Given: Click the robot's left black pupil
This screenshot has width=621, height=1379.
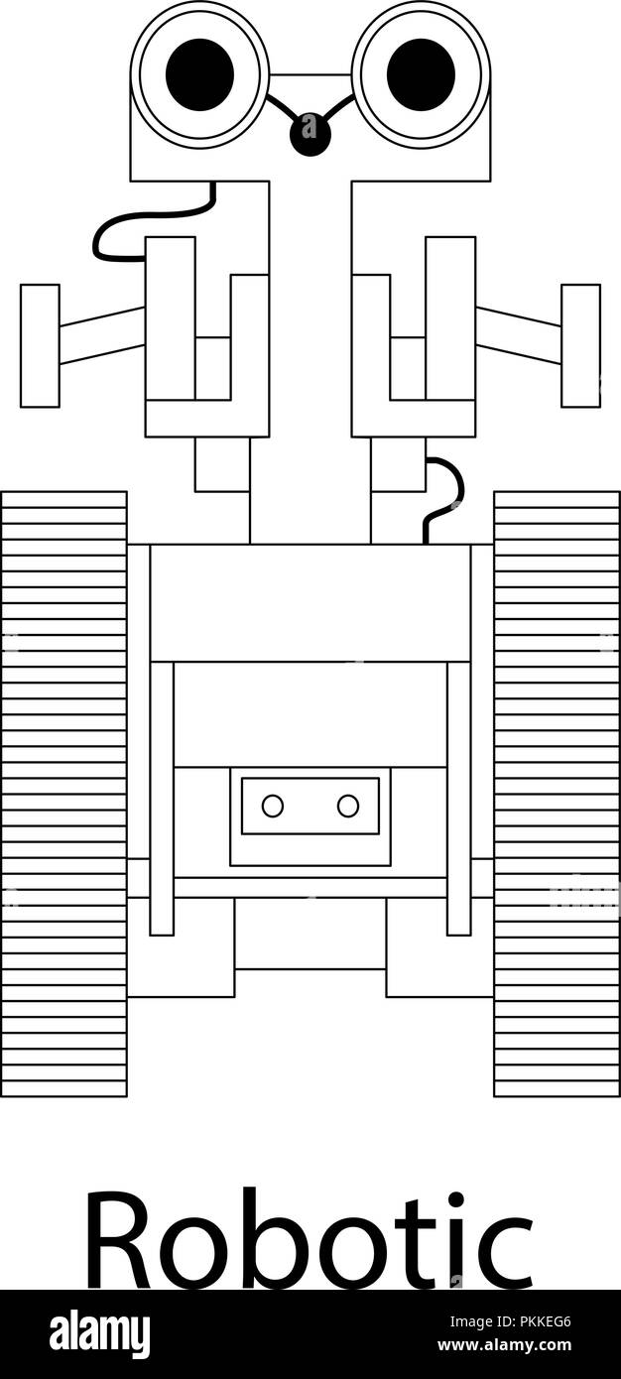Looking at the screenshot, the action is tap(200, 74).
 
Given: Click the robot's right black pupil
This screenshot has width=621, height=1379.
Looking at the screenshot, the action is tap(421, 74).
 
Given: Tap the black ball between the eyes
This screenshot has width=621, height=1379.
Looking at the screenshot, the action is tap(310, 134).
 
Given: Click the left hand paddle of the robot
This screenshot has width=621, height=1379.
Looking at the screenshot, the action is tap(40, 346).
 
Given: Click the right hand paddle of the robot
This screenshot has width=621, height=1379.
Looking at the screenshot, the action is tap(580, 346).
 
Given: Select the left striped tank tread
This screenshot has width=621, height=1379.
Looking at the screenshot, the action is tap(64, 794).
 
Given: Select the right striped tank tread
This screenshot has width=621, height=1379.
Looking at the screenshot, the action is tap(557, 794).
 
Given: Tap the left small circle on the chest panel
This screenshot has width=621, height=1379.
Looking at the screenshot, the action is tap(273, 806).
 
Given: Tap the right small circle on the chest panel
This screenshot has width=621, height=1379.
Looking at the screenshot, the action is tap(348, 806).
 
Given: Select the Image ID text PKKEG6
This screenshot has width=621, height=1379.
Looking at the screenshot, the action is tap(510, 1321).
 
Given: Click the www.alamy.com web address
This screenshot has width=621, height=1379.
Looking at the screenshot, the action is tap(504, 1345).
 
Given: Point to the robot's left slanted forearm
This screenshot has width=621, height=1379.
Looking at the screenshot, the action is tap(102, 336).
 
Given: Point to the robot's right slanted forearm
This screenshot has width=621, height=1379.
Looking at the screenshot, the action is tap(518, 336).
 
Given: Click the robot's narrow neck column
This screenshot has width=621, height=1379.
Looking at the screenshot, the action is tap(310, 363).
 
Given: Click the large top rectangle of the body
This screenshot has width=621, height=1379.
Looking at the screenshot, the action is tap(310, 603).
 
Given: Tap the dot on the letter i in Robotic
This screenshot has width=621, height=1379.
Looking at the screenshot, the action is tap(455, 1201).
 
